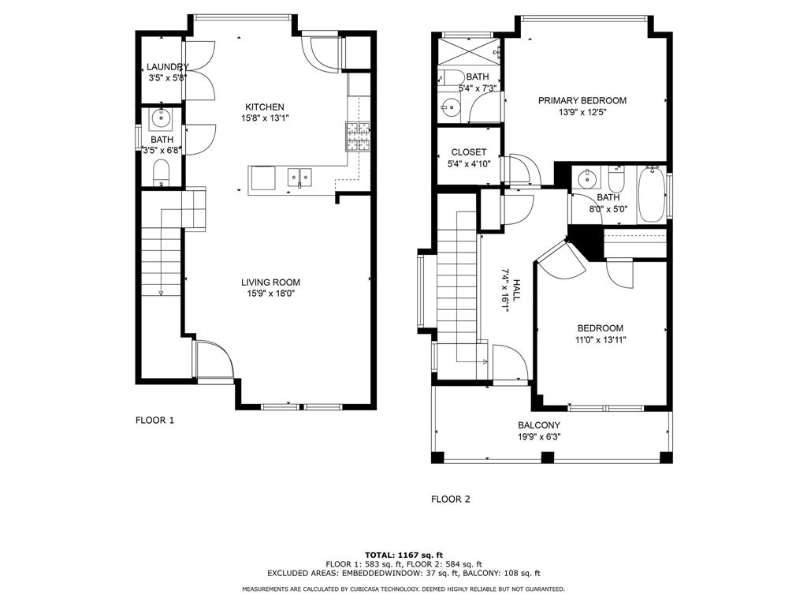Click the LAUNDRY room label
pyautogui.click(x=167, y=67)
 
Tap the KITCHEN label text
pyautogui.click(x=264, y=107)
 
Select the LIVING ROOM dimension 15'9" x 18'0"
pyautogui.click(x=270, y=294)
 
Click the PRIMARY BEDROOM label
pyautogui.click(x=582, y=100)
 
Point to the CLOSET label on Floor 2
pyautogui.click(x=468, y=152)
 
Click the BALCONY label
pyautogui.click(x=539, y=425)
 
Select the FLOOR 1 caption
pyautogui.click(x=154, y=421)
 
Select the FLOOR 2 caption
pyautogui.click(x=450, y=499)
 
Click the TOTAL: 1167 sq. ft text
pyautogui.click(x=403, y=555)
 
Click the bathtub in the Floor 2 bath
pyautogui.click(x=651, y=194)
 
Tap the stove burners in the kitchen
pyautogui.click(x=358, y=136)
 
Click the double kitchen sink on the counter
pyautogui.click(x=299, y=176)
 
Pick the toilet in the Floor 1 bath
pyautogui.click(x=161, y=171)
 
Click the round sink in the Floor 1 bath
pyautogui.click(x=161, y=120)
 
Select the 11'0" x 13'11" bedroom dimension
pyautogui.click(x=600, y=340)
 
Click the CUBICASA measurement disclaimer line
pyautogui.click(x=403, y=589)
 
